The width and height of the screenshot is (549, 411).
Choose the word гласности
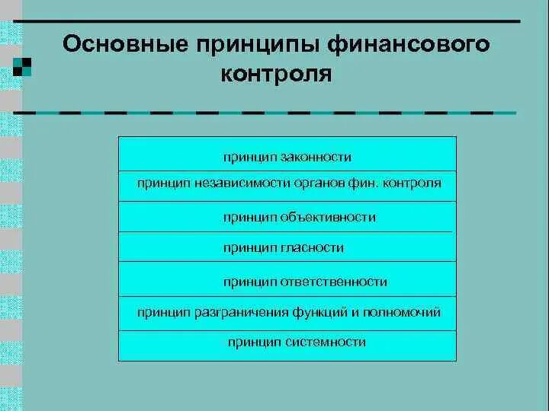click(x=311, y=247)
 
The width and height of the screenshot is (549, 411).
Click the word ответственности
click(x=335, y=282)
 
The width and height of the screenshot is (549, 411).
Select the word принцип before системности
click(x=255, y=342)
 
